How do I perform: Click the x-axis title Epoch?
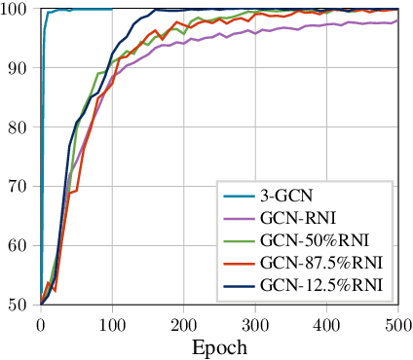(219, 346)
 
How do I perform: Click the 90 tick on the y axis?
(19, 68)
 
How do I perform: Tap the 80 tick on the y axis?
(19, 127)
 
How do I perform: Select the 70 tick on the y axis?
(19, 186)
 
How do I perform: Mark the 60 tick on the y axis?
(19, 245)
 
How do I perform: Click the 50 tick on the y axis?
(19, 304)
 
